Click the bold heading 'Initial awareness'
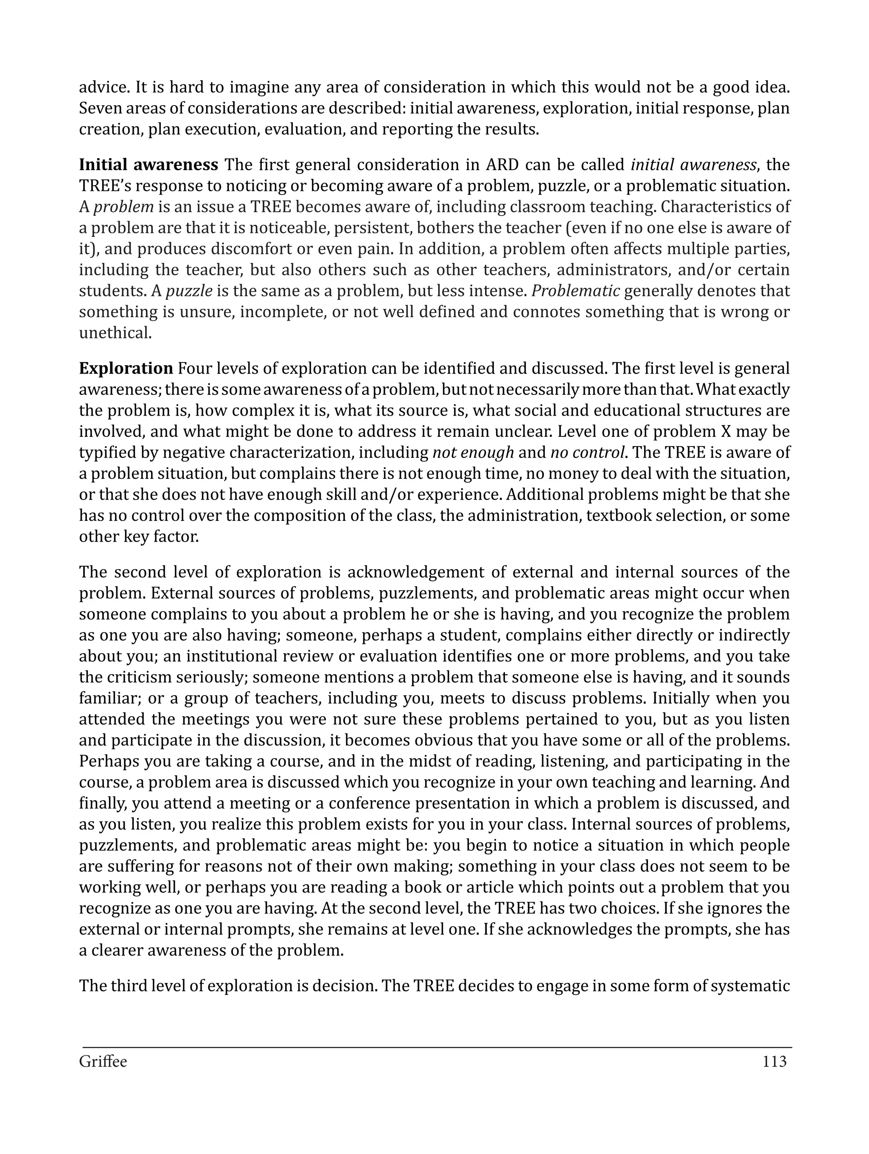point(148,165)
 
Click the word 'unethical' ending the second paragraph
point(115,333)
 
